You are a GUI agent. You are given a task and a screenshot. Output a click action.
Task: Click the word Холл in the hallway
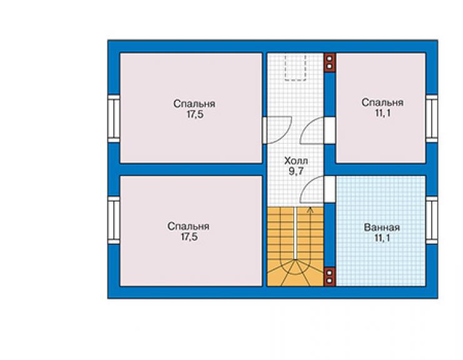click(x=296, y=161)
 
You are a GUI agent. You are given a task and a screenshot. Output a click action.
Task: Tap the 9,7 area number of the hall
click(x=296, y=171)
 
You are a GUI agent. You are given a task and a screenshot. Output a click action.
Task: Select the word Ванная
click(x=382, y=228)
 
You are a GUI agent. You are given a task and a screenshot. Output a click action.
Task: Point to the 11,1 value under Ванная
click(x=382, y=238)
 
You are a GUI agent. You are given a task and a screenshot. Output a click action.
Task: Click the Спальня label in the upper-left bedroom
click(x=195, y=104)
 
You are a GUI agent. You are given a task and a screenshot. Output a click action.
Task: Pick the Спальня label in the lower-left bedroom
click(x=188, y=227)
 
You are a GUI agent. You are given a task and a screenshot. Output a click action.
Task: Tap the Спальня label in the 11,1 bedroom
click(x=382, y=103)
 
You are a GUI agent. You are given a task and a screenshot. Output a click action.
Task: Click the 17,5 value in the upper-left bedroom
click(x=195, y=115)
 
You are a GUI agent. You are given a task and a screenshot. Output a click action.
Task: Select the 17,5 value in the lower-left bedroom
click(x=189, y=237)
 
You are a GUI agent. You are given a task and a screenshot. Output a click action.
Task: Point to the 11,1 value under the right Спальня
click(x=383, y=113)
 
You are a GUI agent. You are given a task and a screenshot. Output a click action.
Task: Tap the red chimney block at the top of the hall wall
click(x=330, y=63)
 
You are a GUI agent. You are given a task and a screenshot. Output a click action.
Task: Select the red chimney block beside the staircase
click(x=330, y=277)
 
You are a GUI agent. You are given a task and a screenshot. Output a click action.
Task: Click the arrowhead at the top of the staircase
click(x=310, y=210)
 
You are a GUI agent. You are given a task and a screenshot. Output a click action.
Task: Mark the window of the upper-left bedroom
click(x=114, y=118)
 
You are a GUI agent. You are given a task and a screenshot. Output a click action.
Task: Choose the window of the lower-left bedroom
click(x=114, y=220)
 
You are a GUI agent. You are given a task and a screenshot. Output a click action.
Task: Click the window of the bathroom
click(x=432, y=220)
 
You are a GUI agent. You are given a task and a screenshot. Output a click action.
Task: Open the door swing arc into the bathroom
click(x=307, y=183)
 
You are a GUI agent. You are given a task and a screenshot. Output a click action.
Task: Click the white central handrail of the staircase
click(x=295, y=234)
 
